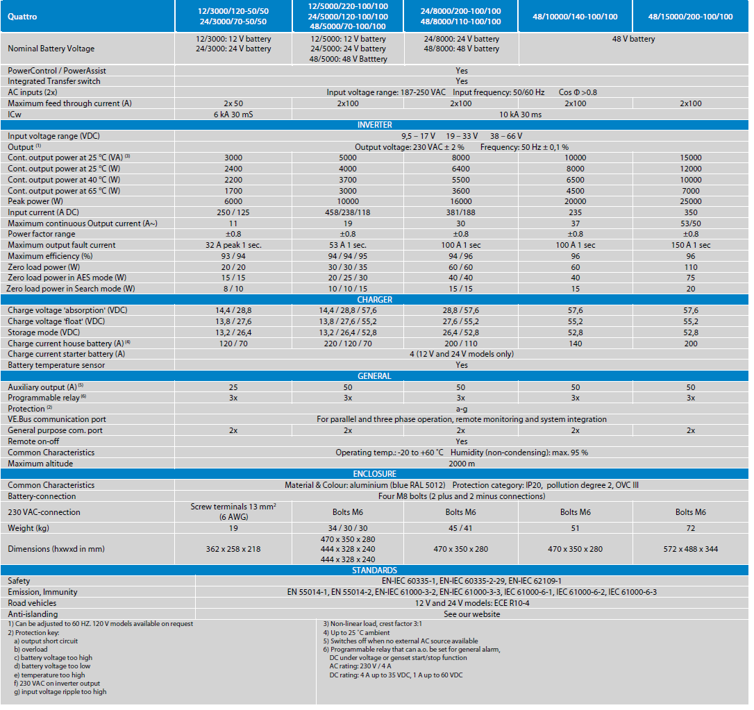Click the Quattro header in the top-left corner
pos(22,17)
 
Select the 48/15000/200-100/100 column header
pos(690,17)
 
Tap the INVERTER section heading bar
pos(374,125)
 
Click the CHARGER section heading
pos(374,300)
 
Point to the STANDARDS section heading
pos(374,570)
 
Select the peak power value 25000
pos(690,201)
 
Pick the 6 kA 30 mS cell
pos(233,115)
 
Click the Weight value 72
pos(690,528)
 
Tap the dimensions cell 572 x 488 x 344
pos(690,549)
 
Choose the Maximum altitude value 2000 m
pos(462,464)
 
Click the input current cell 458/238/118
pos(347,212)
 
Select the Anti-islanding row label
pos(33,614)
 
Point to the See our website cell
pos(471,614)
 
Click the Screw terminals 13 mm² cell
pos(233,512)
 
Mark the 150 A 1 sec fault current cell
pos(690,245)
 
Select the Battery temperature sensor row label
pos(56,365)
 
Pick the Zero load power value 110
pos(690,267)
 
